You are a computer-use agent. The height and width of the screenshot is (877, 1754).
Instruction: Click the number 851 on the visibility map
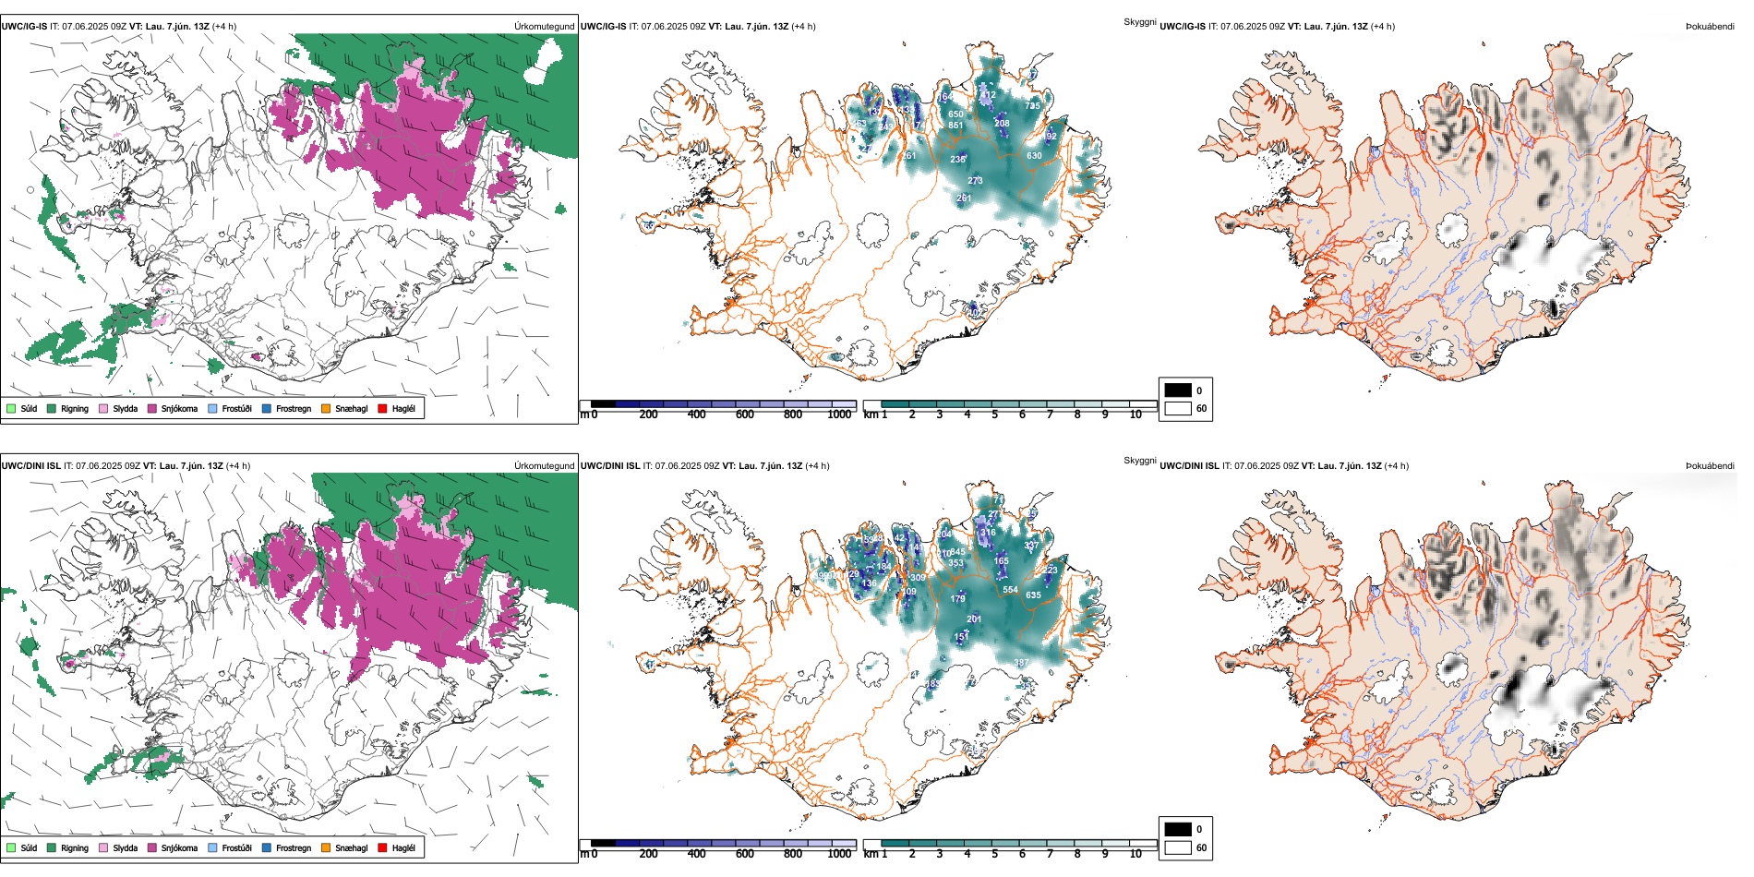pos(955,126)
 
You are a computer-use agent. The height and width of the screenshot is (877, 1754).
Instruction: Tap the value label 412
pos(988,95)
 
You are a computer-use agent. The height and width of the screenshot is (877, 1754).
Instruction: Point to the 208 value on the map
pos(1002,123)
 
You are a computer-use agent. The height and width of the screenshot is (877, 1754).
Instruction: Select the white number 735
pos(1032,106)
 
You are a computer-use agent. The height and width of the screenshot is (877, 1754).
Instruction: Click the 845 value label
pos(957,552)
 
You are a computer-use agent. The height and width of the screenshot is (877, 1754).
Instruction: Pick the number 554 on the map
pos(1011,589)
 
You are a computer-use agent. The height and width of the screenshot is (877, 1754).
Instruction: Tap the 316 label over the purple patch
pos(989,533)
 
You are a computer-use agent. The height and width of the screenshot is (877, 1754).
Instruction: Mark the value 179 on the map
pos(958,599)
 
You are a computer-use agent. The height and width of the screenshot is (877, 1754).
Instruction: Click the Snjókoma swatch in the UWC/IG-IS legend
pos(152,408)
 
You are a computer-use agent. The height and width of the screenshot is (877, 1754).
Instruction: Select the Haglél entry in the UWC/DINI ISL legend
pos(383,847)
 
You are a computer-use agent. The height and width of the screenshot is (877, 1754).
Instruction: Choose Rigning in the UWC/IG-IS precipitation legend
pos(52,408)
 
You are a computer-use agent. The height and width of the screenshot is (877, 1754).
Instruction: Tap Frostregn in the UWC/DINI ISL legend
pos(267,847)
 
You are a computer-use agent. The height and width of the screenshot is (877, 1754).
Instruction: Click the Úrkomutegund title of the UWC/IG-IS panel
pos(544,26)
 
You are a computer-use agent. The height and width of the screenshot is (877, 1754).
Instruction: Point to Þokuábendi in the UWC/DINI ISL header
pos(1710,465)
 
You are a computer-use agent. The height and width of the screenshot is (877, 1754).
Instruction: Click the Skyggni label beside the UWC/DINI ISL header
pos(1139,460)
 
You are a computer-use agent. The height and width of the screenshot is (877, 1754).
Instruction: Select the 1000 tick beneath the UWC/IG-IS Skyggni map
pos(839,414)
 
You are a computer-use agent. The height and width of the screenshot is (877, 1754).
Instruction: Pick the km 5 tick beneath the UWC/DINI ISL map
pos(994,854)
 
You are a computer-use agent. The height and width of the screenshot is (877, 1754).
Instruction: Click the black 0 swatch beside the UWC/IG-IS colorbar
pos(1178,390)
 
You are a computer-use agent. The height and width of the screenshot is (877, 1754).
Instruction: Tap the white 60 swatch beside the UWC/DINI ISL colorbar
pos(1178,847)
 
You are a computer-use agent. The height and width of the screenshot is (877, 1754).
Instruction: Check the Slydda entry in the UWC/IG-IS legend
pos(103,408)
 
